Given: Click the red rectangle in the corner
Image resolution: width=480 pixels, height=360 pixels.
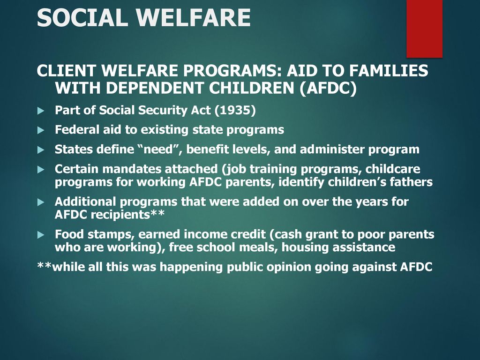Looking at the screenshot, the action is (424, 29).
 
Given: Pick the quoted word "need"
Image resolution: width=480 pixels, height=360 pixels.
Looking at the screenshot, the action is (160, 149).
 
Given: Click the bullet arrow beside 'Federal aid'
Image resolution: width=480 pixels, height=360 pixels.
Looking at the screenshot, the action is (41, 130).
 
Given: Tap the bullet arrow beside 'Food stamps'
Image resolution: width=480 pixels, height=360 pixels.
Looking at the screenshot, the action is (41, 235).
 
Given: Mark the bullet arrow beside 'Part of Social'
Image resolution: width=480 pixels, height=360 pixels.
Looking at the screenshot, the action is (41, 111).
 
